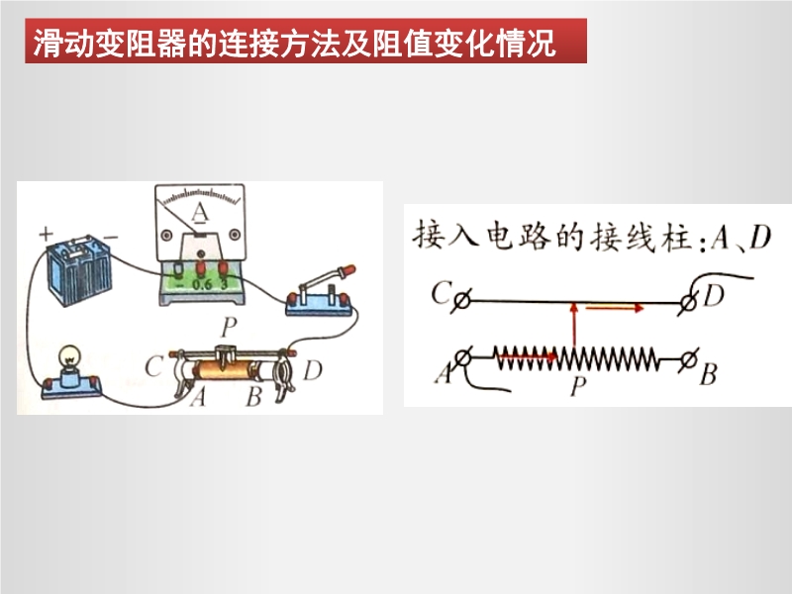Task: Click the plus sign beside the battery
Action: (x=46, y=234)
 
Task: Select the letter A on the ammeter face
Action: (x=200, y=213)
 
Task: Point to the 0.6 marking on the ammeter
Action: (x=202, y=284)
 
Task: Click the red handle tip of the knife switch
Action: (x=348, y=270)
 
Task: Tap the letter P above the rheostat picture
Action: (x=229, y=327)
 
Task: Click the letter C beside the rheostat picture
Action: (x=153, y=366)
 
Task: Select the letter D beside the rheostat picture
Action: (x=313, y=370)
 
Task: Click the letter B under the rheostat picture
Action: (x=253, y=396)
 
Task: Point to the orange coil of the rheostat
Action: (x=225, y=370)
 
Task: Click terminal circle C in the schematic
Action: (x=461, y=301)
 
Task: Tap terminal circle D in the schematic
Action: (x=687, y=303)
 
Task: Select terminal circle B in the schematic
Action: (x=688, y=360)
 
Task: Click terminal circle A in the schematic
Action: (x=462, y=357)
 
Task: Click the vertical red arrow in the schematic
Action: (x=574, y=327)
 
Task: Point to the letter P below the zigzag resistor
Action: (x=578, y=386)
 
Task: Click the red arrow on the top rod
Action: (x=615, y=307)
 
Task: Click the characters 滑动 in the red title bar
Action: (x=64, y=43)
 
